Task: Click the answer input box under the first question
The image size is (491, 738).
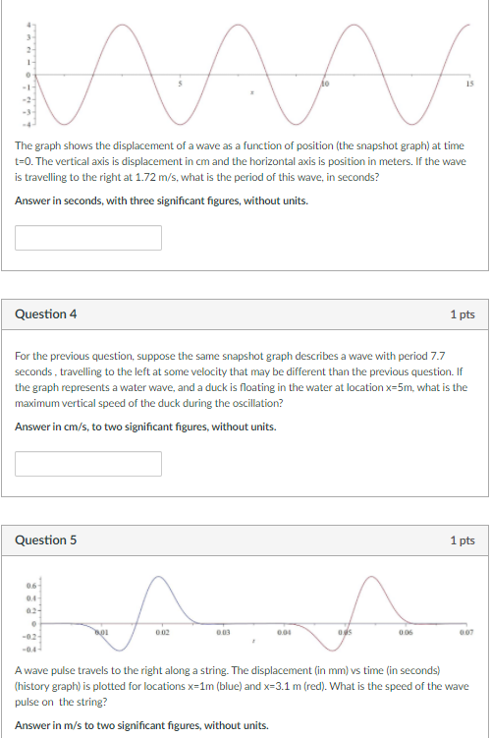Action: [88, 238]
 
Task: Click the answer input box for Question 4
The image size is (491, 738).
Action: [88, 463]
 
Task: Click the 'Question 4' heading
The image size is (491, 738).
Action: [46, 314]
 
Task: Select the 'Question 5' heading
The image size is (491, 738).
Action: [46, 539]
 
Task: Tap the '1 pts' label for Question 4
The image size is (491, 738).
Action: [462, 314]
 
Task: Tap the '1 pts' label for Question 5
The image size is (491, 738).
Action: [462, 539]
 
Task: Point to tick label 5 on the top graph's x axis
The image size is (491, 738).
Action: [179, 85]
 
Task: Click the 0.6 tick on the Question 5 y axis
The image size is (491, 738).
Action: [31, 587]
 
